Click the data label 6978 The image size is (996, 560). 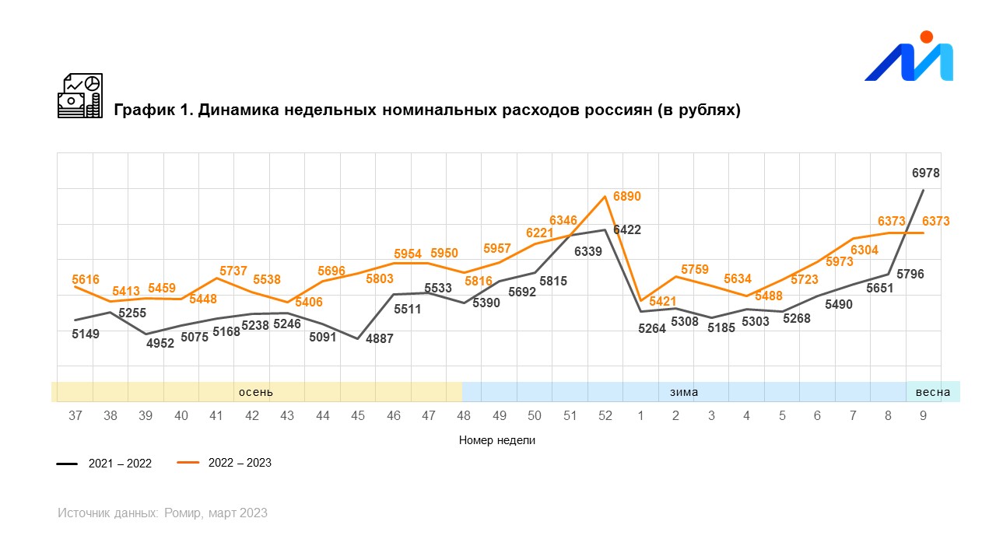point(926,173)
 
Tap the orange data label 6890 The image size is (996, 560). point(627,197)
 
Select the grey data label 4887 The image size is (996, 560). point(379,339)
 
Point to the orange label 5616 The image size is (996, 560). point(86,278)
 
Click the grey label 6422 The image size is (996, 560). point(627,229)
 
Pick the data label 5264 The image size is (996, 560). point(652,328)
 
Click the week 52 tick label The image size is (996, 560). point(605,416)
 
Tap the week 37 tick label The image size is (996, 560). point(75,416)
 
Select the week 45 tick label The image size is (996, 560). point(358,416)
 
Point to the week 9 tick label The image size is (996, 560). point(923,416)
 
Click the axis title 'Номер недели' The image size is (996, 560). point(497,440)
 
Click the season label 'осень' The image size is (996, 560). point(256,392)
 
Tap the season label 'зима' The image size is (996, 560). point(684,392)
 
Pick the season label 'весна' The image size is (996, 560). point(932,392)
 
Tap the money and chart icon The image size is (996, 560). point(80,96)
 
